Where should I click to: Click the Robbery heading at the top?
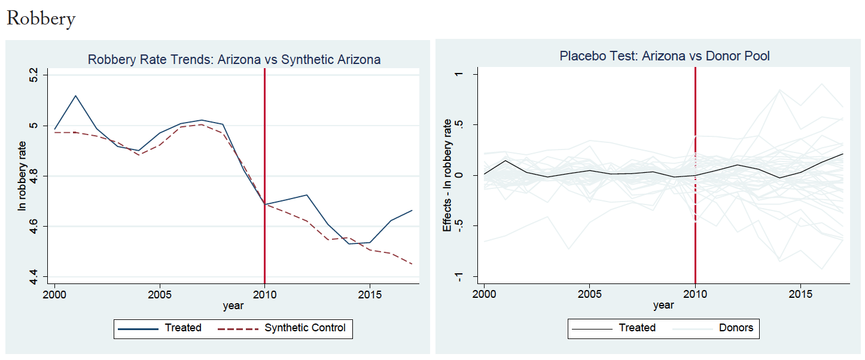(x=41, y=19)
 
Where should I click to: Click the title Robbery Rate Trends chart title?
(x=234, y=59)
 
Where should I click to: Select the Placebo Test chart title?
(x=664, y=56)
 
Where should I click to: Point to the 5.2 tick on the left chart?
(x=33, y=75)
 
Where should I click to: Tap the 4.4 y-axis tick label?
(x=33, y=276)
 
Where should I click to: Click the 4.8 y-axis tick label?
(x=33, y=176)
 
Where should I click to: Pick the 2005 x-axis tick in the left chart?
(x=159, y=295)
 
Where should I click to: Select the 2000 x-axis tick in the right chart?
(x=484, y=295)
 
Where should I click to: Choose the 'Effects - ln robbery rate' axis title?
(x=447, y=175)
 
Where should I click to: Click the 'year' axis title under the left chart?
(x=233, y=306)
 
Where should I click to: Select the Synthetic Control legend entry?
(x=304, y=328)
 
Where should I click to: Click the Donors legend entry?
(x=736, y=328)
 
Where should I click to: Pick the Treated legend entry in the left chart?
(x=183, y=328)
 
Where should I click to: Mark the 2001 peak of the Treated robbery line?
(x=75, y=96)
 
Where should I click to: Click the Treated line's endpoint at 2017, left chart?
(x=412, y=210)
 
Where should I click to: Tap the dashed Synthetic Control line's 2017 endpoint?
(x=412, y=264)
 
